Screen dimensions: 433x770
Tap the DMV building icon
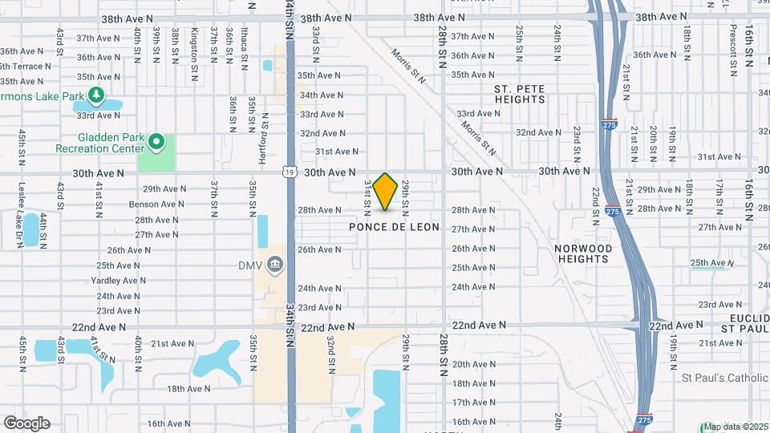pyautogui.click(x=275, y=265)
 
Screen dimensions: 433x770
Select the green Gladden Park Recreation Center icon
pyautogui.click(x=156, y=143)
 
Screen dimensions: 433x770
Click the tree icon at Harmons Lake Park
pyautogui.click(x=96, y=96)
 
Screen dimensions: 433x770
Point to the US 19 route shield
pyautogui.click(x=288, y=172)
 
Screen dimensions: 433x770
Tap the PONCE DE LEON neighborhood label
pyautogui.click(x=394, y=227)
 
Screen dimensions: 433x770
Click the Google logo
pyautogui.click(x=26, y=423)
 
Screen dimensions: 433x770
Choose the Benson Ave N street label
pyautogui.click(x=157, y=204)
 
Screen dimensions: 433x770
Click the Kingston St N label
pyautogui.click(x=194, y=43)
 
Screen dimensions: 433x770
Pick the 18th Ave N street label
pyautogui.click(x=188, y=389)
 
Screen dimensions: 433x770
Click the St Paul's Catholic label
pyautogui.click(x=724, y=378)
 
